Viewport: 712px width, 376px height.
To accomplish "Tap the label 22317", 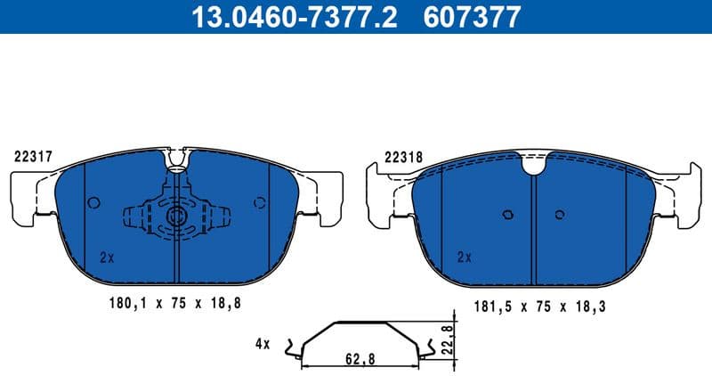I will [x=33, y=155].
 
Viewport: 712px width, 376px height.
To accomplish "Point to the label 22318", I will [x=403, y=156].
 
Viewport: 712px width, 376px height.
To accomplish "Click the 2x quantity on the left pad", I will [x=108, y=257].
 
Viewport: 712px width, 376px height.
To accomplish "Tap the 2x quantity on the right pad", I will [x=464, y=257].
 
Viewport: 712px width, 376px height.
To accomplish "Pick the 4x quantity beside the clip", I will [x=263, y=342].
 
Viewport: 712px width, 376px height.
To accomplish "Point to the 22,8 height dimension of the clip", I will [x=447, y=339].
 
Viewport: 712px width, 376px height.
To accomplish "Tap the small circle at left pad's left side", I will [x=93, y=202].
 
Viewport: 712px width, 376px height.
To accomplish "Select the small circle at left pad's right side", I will [x=259, y=202].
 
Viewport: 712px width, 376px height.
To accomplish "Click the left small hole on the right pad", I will [x=506, y=214].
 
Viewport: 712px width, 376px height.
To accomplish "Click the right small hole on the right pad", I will [x=559, y=214].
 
